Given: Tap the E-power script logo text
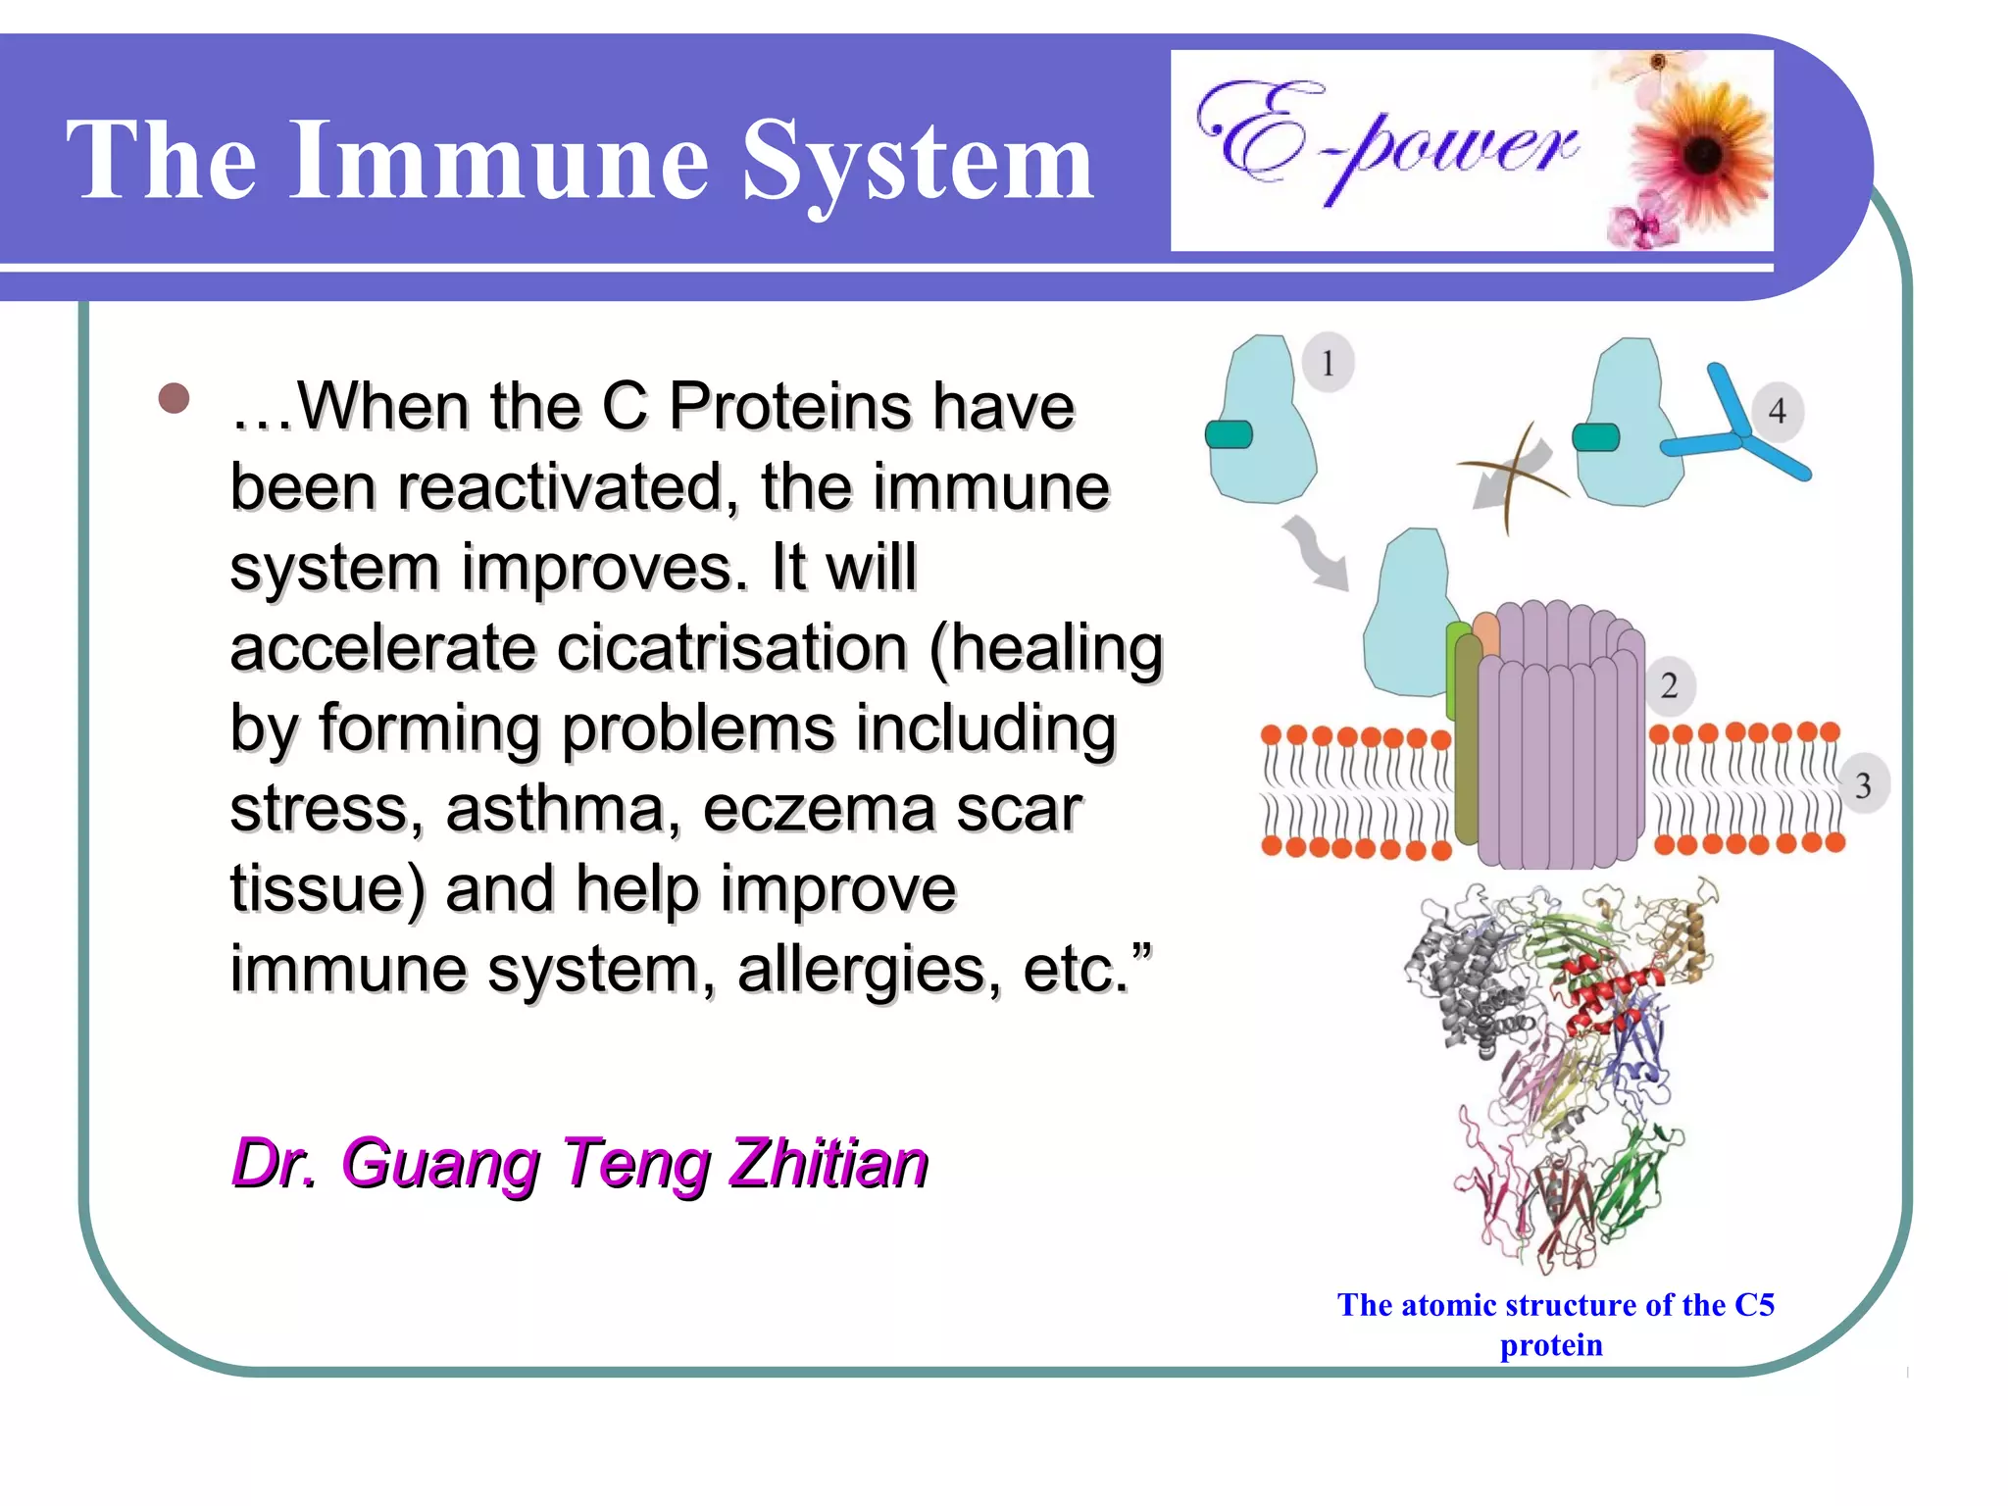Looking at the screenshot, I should click(1387, 142).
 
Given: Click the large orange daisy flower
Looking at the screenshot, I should click(1704, 152).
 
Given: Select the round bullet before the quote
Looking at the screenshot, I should click(174, 399).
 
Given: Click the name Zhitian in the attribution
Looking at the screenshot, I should click(828, 1164).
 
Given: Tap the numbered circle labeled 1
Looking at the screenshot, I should click(1329, 364).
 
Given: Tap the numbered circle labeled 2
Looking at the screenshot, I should click(1669, 685).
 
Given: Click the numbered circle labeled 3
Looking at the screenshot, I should click(1862, 784).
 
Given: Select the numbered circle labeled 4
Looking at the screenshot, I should click(1777, 411).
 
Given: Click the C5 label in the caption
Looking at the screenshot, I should click(1754, 1305).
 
